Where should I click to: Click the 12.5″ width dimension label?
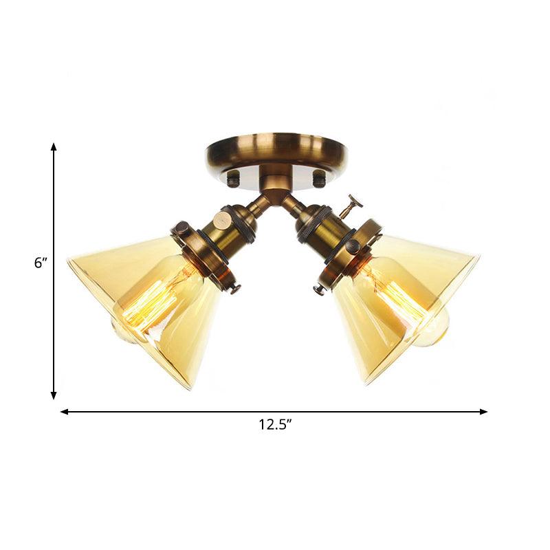(275, 425)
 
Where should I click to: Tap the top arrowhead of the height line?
(54, 146)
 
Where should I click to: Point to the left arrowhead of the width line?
(64, 412)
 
